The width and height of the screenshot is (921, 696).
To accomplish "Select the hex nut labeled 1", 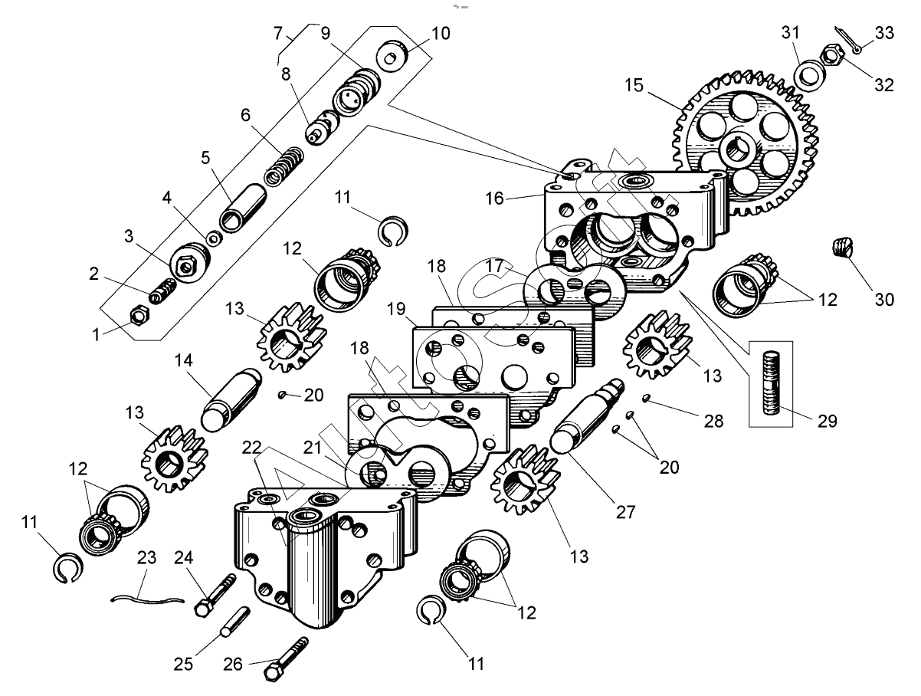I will point(140,314).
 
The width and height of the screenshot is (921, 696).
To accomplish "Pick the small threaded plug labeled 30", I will point(842,248).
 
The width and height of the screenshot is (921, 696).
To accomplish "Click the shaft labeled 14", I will point(228,397).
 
